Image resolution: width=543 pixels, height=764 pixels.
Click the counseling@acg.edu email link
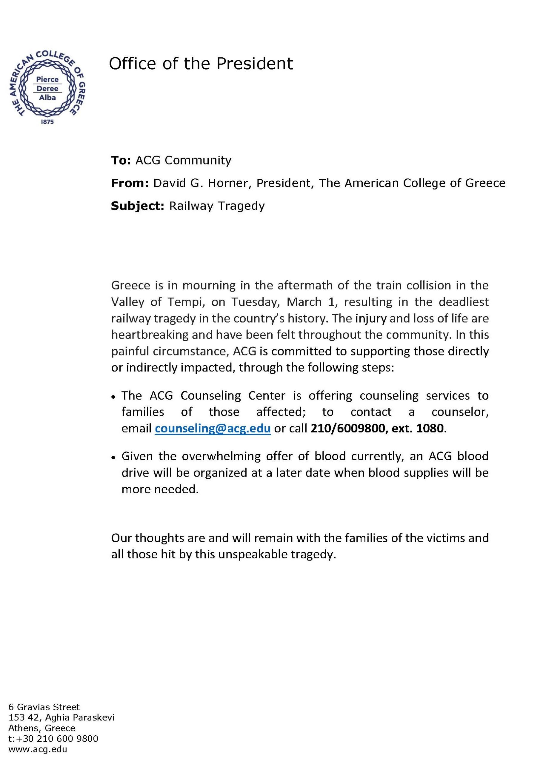pyautogui.click(x=213, y=429)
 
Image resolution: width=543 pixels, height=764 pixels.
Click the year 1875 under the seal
pyautogui.click(x=47, y=122)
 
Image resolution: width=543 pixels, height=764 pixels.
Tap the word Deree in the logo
pyautogui.click(x=47, y=89)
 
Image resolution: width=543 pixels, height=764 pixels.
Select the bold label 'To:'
pyautogui.click(x=121, y=161)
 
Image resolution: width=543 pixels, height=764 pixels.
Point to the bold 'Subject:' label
pyautogui.click(x=137, y=206)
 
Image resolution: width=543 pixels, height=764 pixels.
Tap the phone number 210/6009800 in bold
pyautogui.click(x=348, y=429)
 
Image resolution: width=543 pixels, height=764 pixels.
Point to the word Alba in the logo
pyautogui.click(x=47, y=98)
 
